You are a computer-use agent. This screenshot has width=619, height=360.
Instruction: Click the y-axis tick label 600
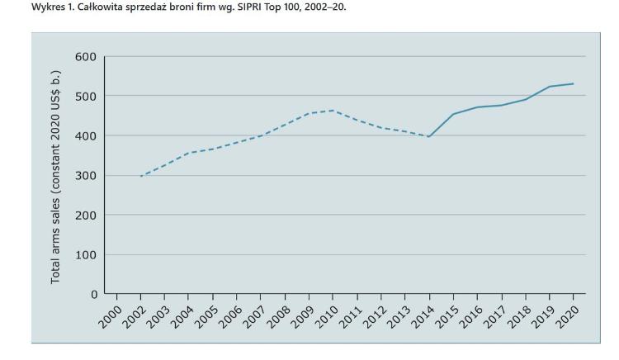(x=86, y=56)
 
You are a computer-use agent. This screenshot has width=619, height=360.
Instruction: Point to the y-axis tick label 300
(x=86, y=175)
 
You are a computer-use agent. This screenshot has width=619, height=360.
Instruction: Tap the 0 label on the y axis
(x=93, y=294)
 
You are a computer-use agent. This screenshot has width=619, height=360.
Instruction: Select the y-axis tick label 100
(x=86, y=254)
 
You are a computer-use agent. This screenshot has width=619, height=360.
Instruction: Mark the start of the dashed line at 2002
(x=141, y=176)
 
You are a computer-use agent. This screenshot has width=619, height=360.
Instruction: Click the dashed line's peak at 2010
(x=333, y=110)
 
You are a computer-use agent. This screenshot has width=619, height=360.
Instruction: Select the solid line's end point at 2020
(x=573, y=83)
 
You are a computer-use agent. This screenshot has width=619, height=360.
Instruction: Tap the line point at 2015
(x=453, y=114)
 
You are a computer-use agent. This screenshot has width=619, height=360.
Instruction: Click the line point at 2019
(x=549, y=86)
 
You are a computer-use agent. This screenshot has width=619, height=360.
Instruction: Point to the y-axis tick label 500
(x=86, y=96)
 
